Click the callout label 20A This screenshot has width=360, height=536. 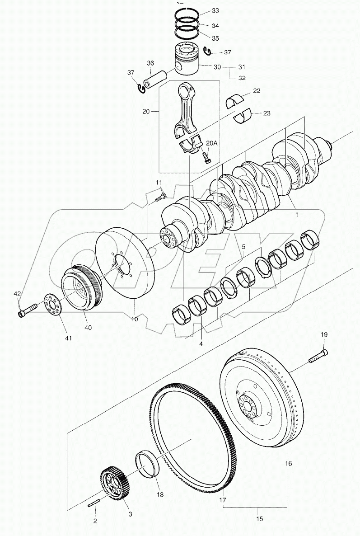[x=212, y=143]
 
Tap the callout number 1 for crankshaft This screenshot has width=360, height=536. [x=296, y=215]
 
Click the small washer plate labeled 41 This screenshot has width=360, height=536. [x=53, y=306]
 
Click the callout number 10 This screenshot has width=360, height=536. [x=135, y=319]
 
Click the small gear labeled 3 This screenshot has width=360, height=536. [x=116, y=485]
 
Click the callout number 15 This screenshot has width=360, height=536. [x=260, y=519]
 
